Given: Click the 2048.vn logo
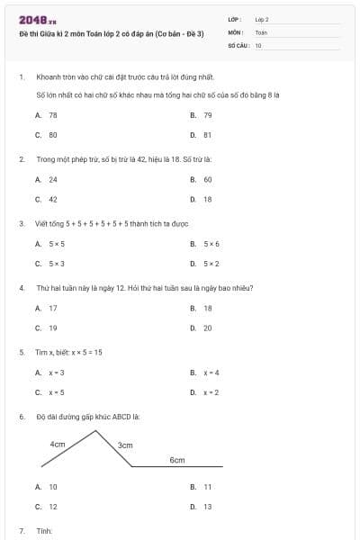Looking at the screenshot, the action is (37, 19).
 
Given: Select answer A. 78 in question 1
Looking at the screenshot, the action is (46, 115).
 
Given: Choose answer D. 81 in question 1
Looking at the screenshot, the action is (201, 135).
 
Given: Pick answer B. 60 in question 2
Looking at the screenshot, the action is (201, 179).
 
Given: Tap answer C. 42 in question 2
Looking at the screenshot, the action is (46, 199).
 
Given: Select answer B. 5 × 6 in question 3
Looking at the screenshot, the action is (204, 243).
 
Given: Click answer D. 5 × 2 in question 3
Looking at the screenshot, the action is (204, 264).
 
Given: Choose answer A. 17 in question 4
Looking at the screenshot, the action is (46, 308).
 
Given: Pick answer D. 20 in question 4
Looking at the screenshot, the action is (201, 328).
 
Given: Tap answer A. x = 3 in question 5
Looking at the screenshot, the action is (49, 372).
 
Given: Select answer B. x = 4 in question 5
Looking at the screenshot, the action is (204, 372).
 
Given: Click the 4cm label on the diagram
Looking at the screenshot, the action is (58, 444).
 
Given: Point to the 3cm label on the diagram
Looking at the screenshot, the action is (125, 445).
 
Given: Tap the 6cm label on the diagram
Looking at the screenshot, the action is (177, 459).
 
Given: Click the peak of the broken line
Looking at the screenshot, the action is (97, 431).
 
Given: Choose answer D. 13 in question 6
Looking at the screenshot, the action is (201, 507).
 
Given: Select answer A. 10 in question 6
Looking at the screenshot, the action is (46, 487).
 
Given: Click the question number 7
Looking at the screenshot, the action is (22, 531).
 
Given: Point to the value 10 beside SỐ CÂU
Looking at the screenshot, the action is (258, 44).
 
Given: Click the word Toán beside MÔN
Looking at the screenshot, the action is (261, 31).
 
